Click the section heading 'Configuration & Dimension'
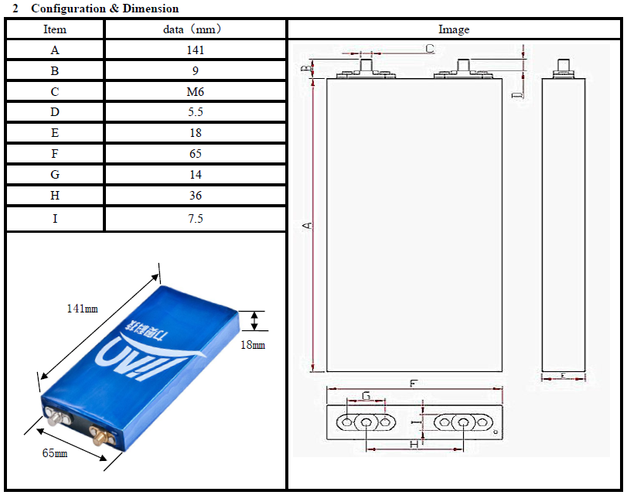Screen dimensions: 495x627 coord(104,9)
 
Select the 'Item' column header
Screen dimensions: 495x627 coord(55,29)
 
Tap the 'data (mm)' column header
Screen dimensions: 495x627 coord(196,29)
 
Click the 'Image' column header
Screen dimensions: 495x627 coord(454,29)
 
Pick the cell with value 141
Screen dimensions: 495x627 coord(196,50)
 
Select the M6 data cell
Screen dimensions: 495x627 coord(196,92)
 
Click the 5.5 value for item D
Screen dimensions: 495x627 coord(196,113)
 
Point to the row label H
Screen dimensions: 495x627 coord(55,196)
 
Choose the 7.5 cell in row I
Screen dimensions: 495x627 coord(196,219)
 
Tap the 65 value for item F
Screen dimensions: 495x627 coord(196,154)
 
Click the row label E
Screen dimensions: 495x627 coord(55,134)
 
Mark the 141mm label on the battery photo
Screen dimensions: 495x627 coord(82,308)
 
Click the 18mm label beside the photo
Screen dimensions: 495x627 coord(253,345)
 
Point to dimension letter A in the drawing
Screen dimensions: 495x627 coord(307,226)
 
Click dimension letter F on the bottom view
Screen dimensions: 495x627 coord(414,383)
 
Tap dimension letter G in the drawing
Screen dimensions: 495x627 coord(366,396)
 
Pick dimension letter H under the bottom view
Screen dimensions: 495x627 coord(414,445)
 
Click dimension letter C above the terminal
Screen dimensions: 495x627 coord(430,48)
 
